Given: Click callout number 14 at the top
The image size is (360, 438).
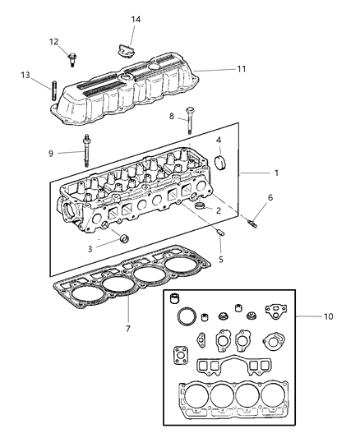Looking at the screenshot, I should coord(136,18).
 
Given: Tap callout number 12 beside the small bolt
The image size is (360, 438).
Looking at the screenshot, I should coord(53,41).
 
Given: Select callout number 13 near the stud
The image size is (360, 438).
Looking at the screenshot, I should coord(25,75).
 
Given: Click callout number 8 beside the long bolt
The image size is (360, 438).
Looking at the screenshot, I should coord(172,118).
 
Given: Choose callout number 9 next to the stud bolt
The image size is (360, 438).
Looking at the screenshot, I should coord(50,152).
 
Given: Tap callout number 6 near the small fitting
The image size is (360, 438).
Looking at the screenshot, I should coord(270,198).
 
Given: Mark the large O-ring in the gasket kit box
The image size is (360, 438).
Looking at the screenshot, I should coord(187,317).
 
